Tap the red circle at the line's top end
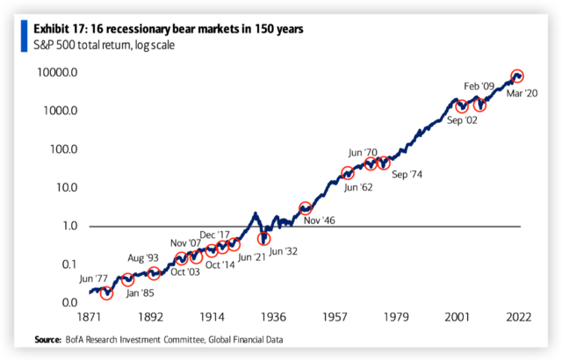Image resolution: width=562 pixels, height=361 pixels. click(x=517, y=76)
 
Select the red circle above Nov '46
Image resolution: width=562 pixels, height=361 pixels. click(x=306, y=208)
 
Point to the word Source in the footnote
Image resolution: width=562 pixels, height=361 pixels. click(x=47, y=340)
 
